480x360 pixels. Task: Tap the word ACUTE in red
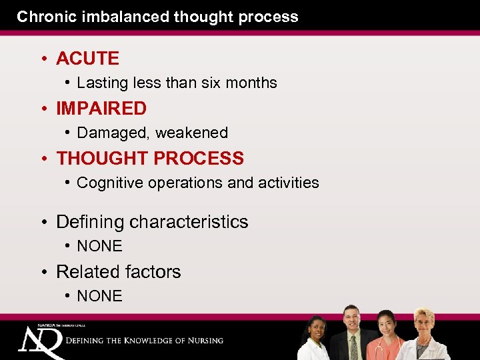tap(87, 59)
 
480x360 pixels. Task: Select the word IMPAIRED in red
tap(101, 109)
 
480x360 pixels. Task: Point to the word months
tap(252, 83)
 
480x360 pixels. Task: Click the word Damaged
tap(113, 133)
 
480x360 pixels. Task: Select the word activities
tap(288, 183)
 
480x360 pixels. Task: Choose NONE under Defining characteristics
tap(100, 247)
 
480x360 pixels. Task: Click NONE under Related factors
tap(100, 297)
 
